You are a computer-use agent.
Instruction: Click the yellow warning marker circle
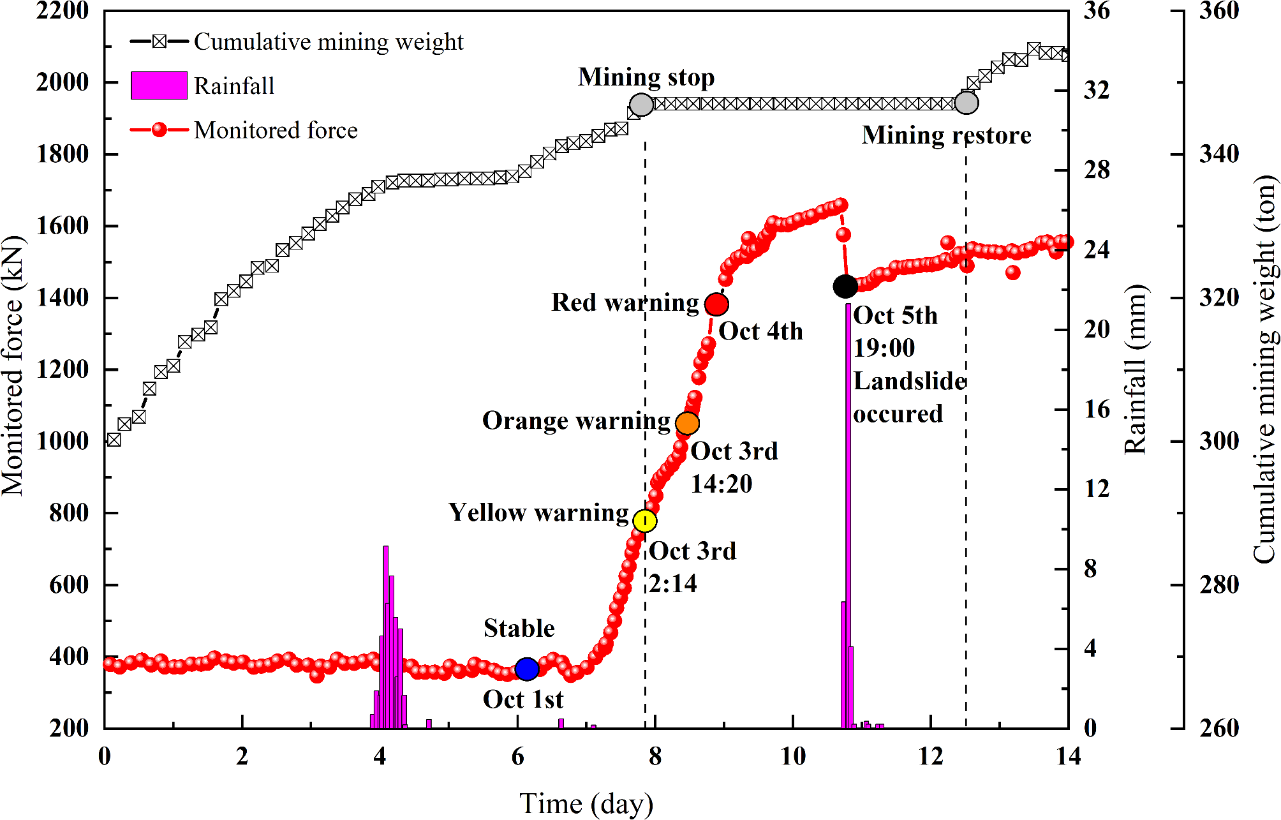coord(645,521)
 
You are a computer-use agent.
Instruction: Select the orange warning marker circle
coord(687,423)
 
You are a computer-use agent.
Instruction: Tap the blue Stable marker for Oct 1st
coord(527,669)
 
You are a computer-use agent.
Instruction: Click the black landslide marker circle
coord(845,287)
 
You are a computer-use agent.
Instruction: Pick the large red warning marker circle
coord(716,304)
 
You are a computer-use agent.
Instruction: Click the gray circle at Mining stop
coord(641,105)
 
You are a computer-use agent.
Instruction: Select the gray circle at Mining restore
coord(966,103)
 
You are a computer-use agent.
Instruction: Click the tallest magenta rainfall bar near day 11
coord(848,511)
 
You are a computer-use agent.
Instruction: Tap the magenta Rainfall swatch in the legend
coord(159,86)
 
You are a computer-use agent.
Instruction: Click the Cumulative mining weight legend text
coord(329,42)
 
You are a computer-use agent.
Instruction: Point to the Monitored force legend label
coord(276,130)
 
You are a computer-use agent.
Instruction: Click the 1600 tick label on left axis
coord(63,226)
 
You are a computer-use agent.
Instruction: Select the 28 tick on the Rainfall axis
coord(1097,170)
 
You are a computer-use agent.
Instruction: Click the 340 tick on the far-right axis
coord(1218,154)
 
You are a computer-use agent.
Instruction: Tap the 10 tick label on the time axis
coord(793,757)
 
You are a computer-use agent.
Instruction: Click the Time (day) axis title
coord(586,803)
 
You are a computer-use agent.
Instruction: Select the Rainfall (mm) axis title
coord(1136,370)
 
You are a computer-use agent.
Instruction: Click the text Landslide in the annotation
coord(909,381)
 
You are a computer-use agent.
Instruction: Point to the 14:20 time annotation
coord(722,484)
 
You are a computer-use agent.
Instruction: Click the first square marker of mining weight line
coord(114,440)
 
